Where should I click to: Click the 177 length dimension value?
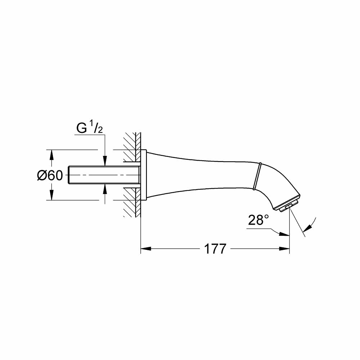point(215,248)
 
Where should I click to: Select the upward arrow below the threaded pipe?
point(105,189)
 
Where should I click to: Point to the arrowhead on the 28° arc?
point(307,228)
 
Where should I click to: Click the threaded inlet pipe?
point(104,175)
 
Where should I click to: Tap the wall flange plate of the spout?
point(144,175)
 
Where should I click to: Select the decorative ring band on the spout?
point(257,176)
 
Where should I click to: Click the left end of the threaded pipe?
point(69,175)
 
